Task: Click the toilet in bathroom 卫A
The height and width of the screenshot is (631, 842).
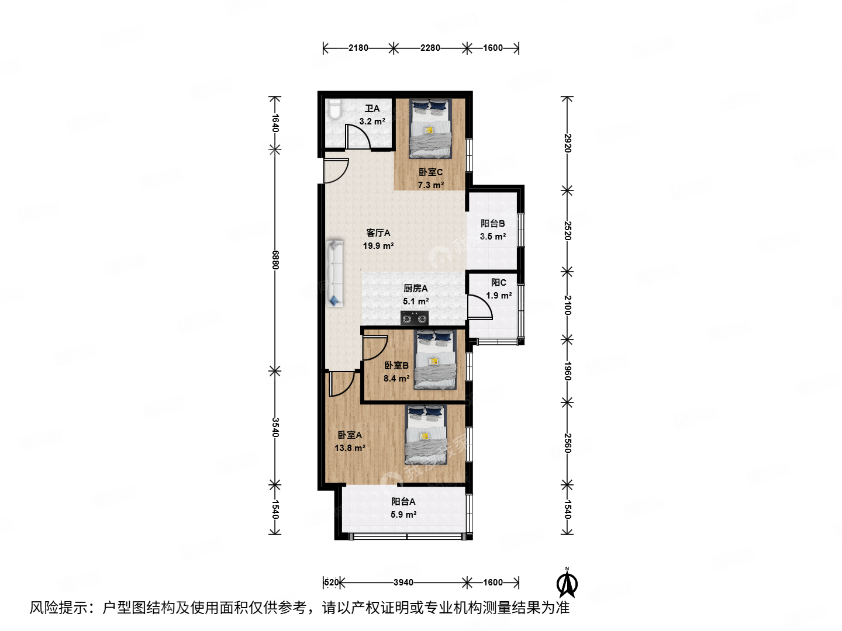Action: (x=334, y=110)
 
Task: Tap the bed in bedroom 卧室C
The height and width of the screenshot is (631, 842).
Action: (x=431, y=129)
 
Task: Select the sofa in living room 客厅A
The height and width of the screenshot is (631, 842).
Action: (x=334, y=273)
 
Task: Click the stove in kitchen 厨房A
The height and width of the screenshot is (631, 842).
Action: (x=415, y=318)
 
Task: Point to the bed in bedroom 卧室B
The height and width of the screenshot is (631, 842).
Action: (x=435, y=360)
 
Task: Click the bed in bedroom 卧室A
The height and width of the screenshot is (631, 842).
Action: (x=426, y=435)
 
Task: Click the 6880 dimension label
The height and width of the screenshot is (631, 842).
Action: (x=275, y=259)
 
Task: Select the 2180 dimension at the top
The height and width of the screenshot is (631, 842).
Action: (x=358, y=48)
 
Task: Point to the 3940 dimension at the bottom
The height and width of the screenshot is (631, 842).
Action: (x=403, y=583)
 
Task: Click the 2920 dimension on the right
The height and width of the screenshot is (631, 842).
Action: (x=567, y=143)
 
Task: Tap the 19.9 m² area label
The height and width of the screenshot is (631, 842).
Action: (x=378, y=246)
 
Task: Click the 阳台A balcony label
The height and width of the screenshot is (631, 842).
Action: (x=403, y=501)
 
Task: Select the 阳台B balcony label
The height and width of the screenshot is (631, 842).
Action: (x=492, y=223)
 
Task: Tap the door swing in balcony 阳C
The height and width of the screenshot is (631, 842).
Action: (x=479, y=307)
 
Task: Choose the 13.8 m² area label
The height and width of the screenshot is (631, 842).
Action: (x=350, y=448)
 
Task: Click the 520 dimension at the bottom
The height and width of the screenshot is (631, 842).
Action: (x=332, y=583)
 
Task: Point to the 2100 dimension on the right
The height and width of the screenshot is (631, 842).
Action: (x=567, y=305)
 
